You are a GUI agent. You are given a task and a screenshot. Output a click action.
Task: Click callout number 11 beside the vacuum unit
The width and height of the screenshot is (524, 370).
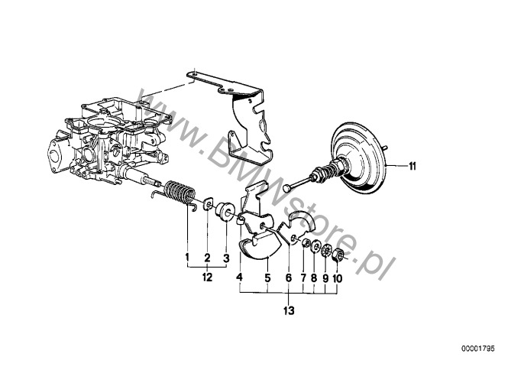[x=412, y=166]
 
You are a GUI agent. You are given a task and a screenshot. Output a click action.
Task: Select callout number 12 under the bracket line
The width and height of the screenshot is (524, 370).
[x=207, y=277]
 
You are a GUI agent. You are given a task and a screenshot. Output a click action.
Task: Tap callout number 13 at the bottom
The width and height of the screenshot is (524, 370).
[x=289, y=310]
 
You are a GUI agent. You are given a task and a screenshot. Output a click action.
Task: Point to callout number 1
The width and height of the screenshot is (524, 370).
[x=187, y=258]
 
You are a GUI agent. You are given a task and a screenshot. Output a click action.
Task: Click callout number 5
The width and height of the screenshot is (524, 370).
[x=267, y=277]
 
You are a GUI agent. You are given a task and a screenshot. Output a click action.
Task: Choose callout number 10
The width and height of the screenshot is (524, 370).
[x=337, y=278]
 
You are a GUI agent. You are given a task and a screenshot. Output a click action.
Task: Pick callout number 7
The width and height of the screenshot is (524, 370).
[x=303, y=277]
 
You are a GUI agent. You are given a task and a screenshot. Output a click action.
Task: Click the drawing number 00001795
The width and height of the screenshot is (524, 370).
[x=477, y=349]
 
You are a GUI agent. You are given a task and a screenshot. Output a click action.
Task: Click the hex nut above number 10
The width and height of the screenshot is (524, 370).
[x=338, y=257]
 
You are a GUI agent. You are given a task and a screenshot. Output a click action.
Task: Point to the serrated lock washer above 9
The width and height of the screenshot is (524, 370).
[x=326, y=252]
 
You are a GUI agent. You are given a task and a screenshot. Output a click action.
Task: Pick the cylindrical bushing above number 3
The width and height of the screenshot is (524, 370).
[x=223, y=212]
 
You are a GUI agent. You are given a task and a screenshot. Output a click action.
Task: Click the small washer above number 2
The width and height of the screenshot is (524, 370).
[x=209, y=203]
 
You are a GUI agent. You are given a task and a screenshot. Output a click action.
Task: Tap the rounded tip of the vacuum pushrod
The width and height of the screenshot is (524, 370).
[x=287, y=188]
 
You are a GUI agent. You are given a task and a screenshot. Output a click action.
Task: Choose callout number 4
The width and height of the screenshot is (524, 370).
[x=239, y=277]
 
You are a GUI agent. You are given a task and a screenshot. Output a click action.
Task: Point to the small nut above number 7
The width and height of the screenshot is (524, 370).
[x=305, y=243]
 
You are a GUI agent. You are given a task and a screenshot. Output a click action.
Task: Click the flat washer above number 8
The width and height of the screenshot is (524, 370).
[x=315, y=248]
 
